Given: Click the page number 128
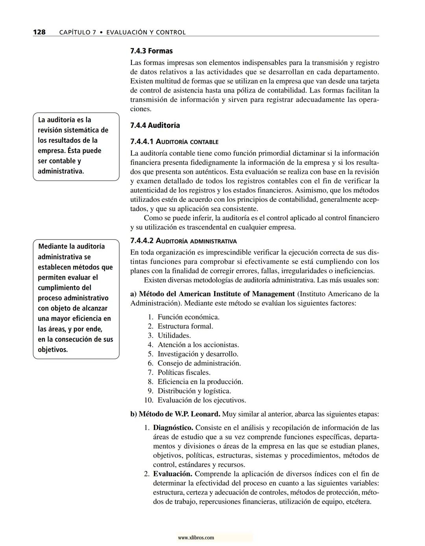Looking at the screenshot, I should (x=39, y=32).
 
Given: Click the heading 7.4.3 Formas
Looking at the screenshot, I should (x=151, y=51).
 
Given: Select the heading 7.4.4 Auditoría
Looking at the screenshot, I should (x=155, y=125).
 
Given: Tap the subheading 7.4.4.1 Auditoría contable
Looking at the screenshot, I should (x=174, y=142).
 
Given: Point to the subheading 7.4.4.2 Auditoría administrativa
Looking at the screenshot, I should (x=183, y=241).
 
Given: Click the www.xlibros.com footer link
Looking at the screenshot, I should (x=196, y=537).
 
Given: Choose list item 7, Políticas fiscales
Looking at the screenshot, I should (x=184, y=373).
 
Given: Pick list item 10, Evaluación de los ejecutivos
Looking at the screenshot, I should (x=201, y=400).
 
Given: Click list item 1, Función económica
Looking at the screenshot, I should (x=188, y=317).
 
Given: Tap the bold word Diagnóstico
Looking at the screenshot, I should (x=173, y=428).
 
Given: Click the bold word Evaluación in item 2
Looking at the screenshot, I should (x=172, y=474).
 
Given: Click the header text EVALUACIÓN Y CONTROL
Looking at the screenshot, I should (x=146, y=32).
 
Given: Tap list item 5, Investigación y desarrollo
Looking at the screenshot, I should (x=198, y=354).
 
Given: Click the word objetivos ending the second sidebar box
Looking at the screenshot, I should (x=52, y=350).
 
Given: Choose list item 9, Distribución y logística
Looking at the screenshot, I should (x=194, y=391).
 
